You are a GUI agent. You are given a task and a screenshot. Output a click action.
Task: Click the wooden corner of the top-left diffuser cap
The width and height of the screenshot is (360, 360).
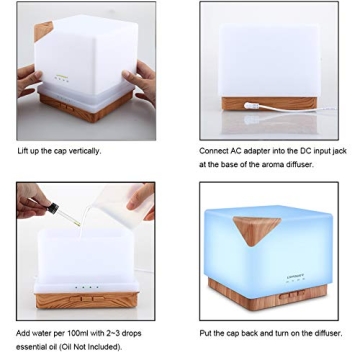coord(42,31)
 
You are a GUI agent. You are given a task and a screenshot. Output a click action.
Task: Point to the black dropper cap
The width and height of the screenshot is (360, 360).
coord(53,209)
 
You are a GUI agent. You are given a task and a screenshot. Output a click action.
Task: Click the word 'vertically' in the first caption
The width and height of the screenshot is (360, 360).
coord(84,151)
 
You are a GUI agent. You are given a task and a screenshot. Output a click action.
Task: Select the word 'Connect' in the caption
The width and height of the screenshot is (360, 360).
coord(214,151)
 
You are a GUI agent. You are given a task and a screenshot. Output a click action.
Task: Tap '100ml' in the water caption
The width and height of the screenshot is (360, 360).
coord(74,333)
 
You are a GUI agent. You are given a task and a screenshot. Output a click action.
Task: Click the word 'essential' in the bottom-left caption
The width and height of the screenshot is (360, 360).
coord(29,347)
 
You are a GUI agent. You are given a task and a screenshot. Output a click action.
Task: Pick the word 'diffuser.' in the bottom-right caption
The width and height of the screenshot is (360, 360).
coord(328,333)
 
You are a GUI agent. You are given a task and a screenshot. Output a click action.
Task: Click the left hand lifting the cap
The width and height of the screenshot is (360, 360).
coord(29,79)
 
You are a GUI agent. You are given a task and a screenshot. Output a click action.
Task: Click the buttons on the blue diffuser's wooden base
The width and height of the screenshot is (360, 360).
coord(292,295)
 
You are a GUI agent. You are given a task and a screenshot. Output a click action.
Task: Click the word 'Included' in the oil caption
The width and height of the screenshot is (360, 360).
coord(104,347)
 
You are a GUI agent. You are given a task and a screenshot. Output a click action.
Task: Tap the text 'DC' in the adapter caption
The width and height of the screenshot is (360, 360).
coord(294,151)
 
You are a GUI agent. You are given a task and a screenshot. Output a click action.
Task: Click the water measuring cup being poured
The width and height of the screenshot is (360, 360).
coord(127,203)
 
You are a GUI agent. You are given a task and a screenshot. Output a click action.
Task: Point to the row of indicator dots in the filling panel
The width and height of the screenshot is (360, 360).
coord(87,287)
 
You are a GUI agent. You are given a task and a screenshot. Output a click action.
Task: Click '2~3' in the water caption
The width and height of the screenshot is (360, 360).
coord(113,333)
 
